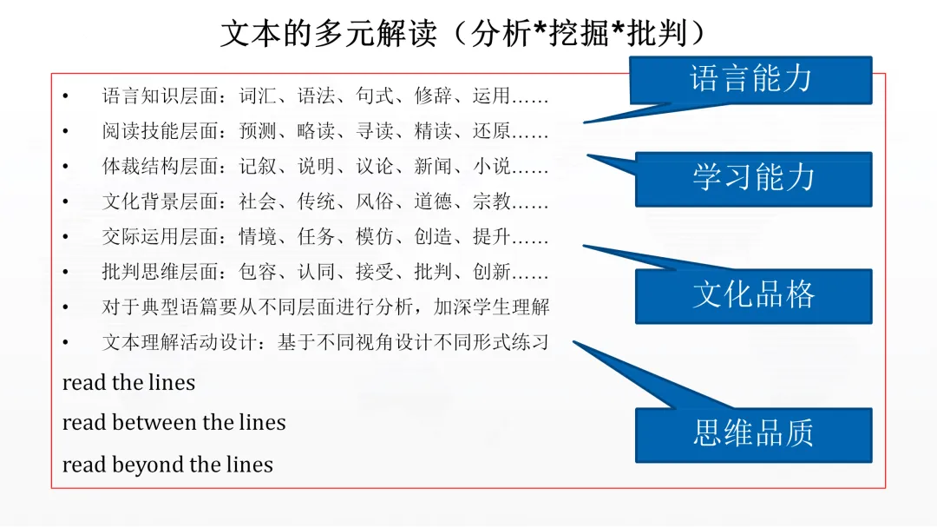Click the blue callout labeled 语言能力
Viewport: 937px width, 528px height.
(751, 79)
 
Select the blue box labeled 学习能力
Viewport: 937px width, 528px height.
(753, 178)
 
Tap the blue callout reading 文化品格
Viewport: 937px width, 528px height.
(753, 295)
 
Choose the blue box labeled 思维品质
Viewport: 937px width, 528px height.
(753, 432)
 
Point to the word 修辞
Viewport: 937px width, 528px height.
(432, 96)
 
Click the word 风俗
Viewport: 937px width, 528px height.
(374, 201)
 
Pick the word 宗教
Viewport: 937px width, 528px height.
(491, 201)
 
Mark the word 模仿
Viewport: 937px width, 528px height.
(374, 236)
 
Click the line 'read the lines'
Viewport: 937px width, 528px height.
(128, 382)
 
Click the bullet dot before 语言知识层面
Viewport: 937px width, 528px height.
(65, 96)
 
